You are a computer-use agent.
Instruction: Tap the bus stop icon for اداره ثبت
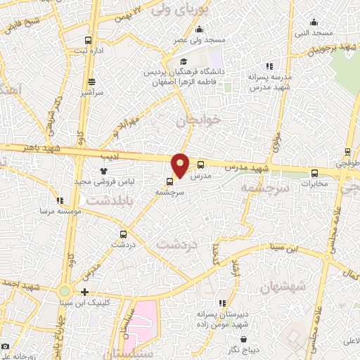point(87,40)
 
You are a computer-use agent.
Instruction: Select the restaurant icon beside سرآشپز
point(91,82)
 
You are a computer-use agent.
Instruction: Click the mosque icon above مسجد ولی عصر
point(200,30)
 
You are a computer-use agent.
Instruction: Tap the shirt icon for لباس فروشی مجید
point(103,170)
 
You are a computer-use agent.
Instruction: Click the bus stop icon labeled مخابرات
point(314,173)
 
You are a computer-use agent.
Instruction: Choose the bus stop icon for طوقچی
point(347,151)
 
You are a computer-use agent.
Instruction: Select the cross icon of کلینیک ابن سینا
point(85,292)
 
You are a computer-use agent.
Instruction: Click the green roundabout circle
point(65,290)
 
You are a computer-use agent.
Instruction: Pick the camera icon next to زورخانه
point(6,347)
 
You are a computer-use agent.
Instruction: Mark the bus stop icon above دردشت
point(124,234)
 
